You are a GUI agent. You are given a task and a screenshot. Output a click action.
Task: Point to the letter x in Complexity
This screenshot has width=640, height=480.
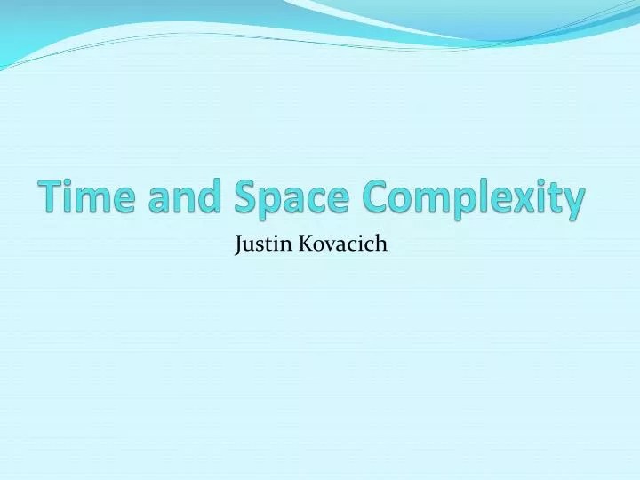pos(529,199)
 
